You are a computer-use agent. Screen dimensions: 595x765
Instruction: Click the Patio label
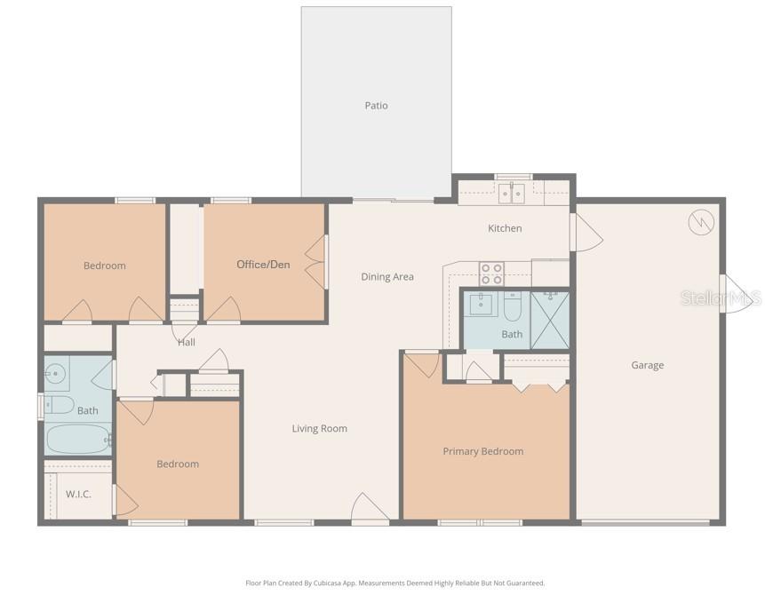(x=376, y=106)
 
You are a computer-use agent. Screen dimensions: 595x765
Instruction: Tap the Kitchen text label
(x=505, y=228)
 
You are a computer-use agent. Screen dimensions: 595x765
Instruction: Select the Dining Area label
(x=387, y=277)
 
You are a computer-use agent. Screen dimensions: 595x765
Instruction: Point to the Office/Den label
(x=263, y=265)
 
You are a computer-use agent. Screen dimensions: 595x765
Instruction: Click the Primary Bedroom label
(x=482, y=451)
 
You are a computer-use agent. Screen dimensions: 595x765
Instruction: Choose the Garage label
(x=647, y=365)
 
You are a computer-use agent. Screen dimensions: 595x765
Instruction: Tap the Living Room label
(x=319, y=429)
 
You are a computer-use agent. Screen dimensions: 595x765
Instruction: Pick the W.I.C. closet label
(x=78, y=494)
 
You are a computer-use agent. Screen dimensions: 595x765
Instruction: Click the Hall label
(x=186, y=342)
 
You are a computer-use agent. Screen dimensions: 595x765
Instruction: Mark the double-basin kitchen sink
(x=510, y=192)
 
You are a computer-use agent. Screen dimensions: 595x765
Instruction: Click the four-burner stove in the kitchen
(x=491, y=274)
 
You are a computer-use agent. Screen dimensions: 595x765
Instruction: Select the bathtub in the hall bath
(x=77, y=440)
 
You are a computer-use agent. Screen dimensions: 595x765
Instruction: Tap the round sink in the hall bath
(x=57, y=373)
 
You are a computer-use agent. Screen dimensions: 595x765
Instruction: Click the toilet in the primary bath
(x=513, y=307)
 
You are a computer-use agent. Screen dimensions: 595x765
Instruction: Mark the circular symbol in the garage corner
(x=700, y=222)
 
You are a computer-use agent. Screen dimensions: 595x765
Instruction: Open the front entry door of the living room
(x=369, y=510)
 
